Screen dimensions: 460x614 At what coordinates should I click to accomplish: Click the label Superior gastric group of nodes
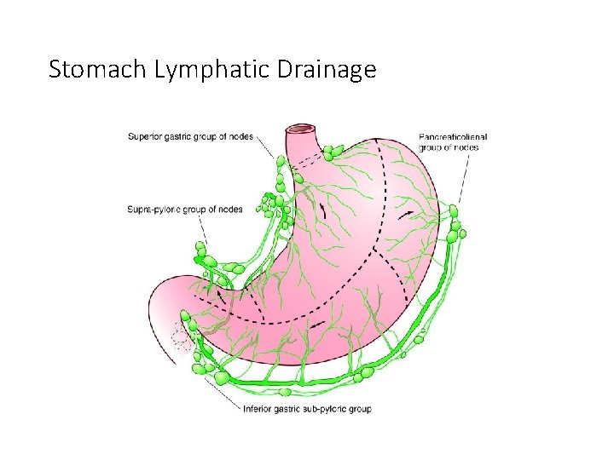pos(190,136)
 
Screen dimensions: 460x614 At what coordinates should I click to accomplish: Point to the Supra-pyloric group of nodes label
pos(184,209)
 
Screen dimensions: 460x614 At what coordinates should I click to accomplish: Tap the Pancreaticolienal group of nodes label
pos(453,141)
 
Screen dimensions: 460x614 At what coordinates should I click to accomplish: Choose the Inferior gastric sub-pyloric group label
pos(308,409)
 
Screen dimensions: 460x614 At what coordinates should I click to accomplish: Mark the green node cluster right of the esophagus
pos(331,153)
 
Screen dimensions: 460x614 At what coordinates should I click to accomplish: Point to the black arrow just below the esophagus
pos(322,208)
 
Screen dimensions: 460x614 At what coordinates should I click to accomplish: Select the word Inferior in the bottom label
pos(258,409)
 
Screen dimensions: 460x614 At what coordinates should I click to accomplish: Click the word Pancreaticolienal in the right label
pos(453,136)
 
